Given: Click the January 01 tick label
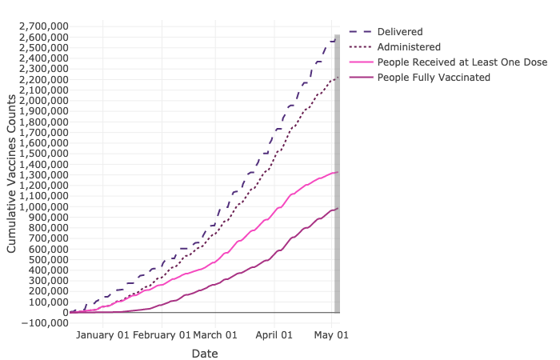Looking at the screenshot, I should [x=102, y=334].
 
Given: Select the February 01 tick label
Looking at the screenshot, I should [x=162, y=334].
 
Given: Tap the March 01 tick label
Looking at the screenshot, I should [x=215, y=334].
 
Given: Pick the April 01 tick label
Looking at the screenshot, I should [x=274, y=334].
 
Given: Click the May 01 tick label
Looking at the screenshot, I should [x=330, y=334].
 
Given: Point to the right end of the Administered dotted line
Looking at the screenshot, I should [x=338, y=77].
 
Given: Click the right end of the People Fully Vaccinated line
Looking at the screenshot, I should [x=338, y=208].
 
